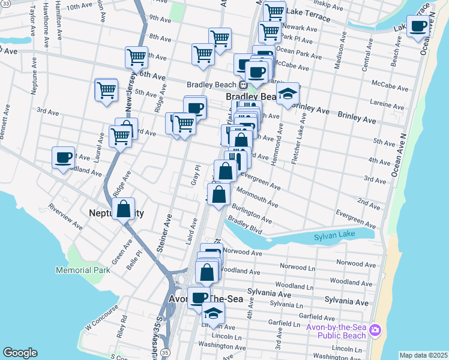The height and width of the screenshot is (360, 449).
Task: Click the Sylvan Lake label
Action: tap(334, 238)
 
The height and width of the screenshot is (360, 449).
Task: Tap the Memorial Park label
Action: tap(83, 271)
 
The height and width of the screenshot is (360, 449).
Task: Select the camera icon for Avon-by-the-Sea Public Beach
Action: tap(376, 330)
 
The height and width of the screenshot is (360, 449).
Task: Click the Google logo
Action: tap(20, 353)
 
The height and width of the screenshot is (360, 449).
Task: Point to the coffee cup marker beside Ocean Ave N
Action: tap(419, 26)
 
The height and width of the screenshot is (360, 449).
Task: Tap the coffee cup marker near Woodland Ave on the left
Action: tap(64, 158)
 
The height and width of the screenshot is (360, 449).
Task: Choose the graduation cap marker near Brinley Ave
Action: tap(288, 94)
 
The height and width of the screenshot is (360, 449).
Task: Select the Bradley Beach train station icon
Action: tap(237, 84)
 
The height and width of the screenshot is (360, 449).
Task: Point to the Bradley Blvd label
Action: tap(246, 226)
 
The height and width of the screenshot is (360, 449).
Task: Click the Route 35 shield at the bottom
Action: tap(165, 352)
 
